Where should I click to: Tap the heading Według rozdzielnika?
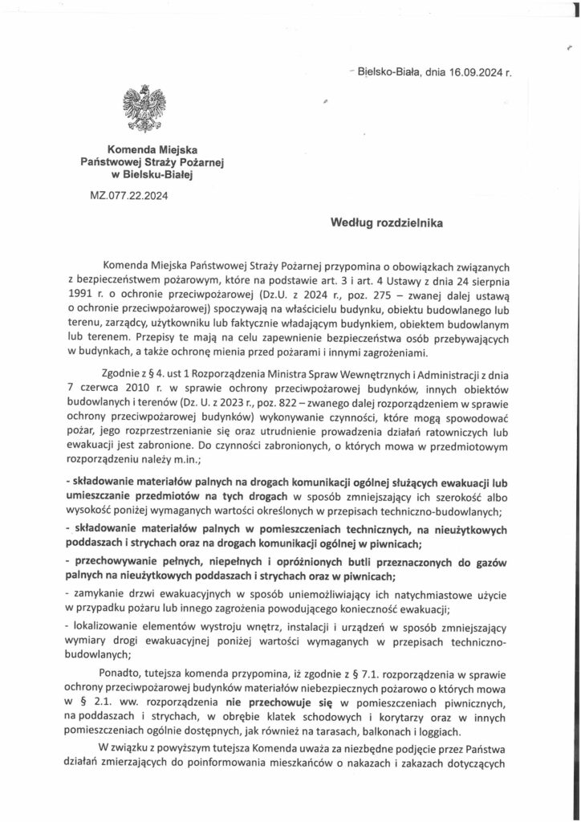coord(387,226)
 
